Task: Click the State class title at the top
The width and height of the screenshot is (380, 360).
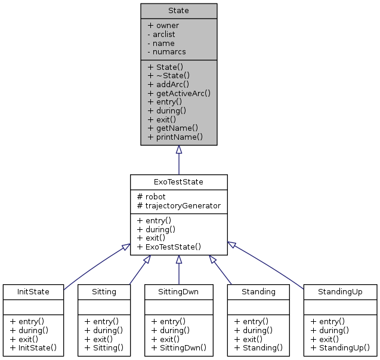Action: [178, 11]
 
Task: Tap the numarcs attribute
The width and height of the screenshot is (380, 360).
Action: [166, 52]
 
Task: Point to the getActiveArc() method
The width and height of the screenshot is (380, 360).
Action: [179, 94]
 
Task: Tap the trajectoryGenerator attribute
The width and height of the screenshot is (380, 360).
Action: [178, 205]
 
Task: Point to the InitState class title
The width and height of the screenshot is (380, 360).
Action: [33, 292]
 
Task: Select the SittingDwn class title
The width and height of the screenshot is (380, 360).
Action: [178, 292]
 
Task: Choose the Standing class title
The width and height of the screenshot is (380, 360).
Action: [258, 292]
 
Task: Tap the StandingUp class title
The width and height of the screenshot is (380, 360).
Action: [340, 292]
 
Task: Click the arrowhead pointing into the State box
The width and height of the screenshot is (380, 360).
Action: [178, 150]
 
